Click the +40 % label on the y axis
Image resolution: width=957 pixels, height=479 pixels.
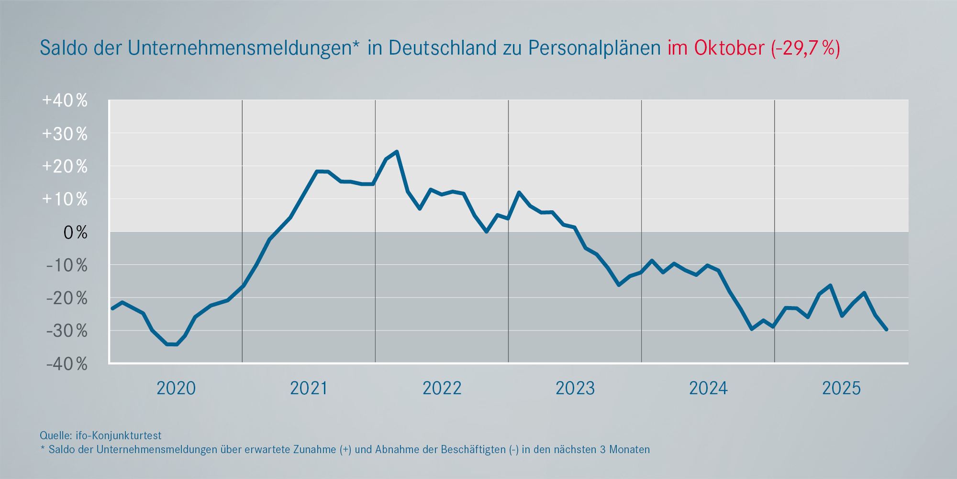click(x=65, y=101)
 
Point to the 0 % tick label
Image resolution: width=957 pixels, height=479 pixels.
click(x=75, y=233)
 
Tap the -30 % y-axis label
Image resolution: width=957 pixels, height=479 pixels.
click(x=67, y=331)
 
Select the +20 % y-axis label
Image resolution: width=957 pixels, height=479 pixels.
click(x=65, y=167)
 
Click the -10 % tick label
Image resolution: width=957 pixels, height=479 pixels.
click(x=67, y=265)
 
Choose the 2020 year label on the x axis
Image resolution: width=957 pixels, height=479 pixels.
click(x=176, y=388)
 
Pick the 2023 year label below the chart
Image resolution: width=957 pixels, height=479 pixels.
click(x=575, y=388)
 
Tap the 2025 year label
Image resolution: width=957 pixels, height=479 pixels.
click(x=841, y=388)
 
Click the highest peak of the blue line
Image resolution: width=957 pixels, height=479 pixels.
click(x=397, y=152)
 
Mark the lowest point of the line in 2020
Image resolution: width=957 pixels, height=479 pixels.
click(x=171, y=344)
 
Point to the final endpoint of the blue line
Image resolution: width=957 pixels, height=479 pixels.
click(x=886, y=330)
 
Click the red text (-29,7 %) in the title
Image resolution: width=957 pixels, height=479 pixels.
click(x=805, y=48)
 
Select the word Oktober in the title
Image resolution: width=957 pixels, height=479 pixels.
click(x=729, y=48)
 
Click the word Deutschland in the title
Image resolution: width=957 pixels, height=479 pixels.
click(x=443, y=48)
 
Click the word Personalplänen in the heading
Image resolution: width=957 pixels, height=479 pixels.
click(x=594, y=48)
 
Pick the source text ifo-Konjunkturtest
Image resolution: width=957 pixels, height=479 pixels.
click(x=119, y=435)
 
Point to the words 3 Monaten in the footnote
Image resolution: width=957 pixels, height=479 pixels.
click(x=625, y=449)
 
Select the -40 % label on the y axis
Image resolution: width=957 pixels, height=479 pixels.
click(x=67, y=364)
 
